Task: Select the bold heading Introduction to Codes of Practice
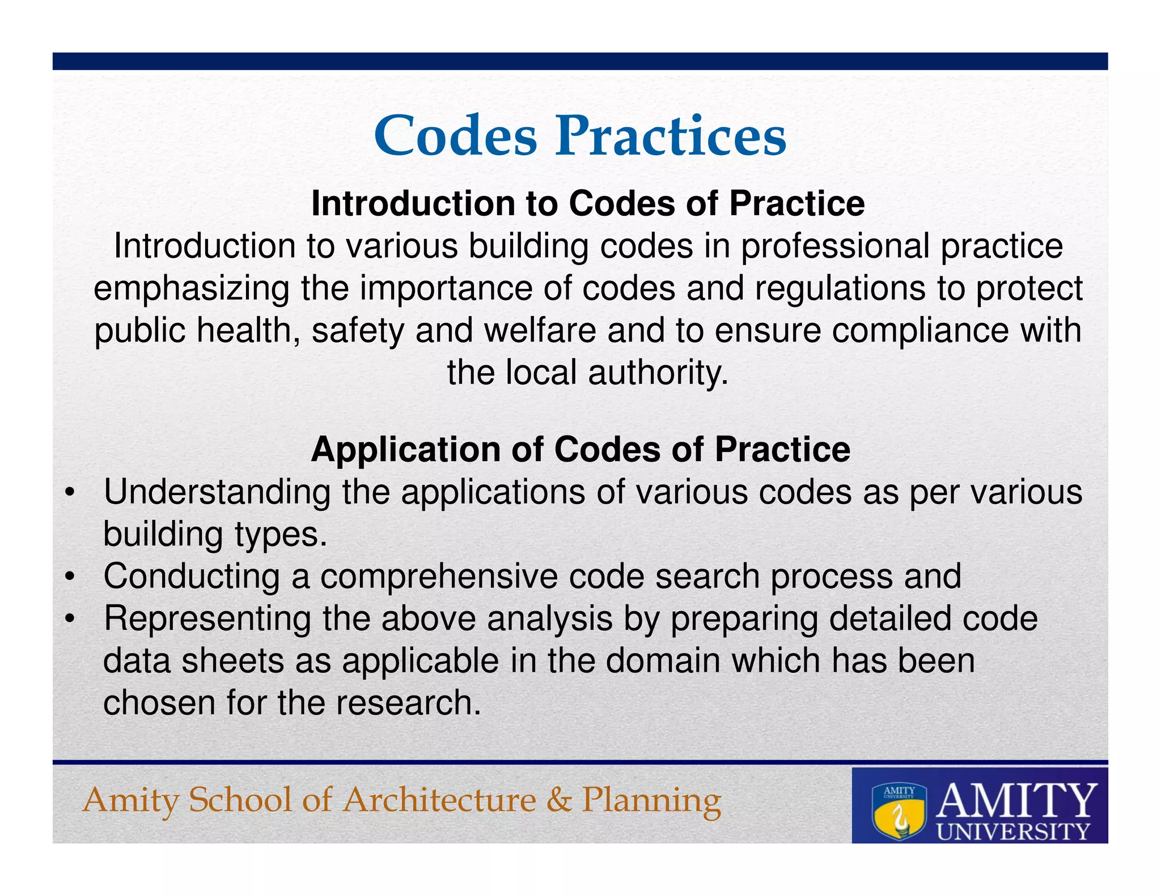588,203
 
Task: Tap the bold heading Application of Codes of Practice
580,450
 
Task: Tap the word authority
658,373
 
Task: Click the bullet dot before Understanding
69,493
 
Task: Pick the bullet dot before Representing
69,620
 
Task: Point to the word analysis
549,619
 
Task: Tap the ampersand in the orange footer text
559,800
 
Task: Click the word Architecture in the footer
440,800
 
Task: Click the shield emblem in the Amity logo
899,811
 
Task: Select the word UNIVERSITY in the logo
1013,831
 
